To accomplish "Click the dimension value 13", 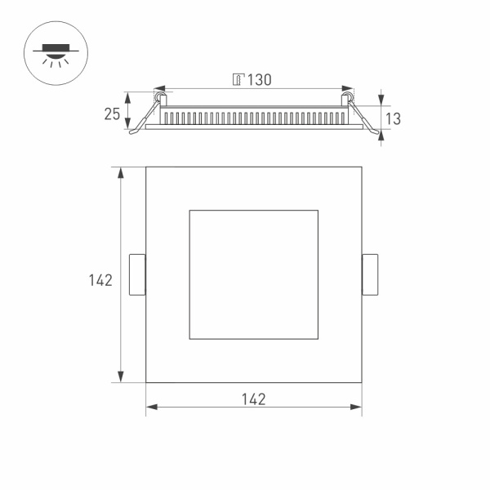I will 392,119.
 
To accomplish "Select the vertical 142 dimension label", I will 100,280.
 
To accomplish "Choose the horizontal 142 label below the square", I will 254,399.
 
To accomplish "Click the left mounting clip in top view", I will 137,274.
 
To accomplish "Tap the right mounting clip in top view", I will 370,274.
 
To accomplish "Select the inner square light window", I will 253,274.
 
